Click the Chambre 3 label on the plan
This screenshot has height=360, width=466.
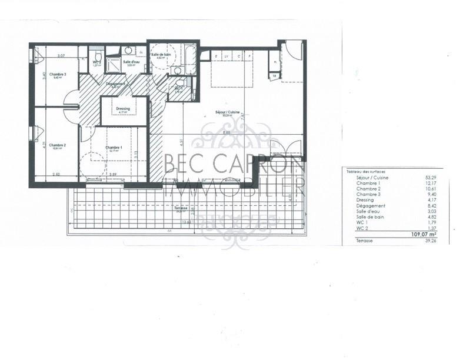click(58, 75)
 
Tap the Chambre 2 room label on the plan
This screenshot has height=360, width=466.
click(57, 145)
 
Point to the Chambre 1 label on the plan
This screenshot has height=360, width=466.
click(114, 148)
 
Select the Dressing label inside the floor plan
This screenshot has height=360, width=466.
click(123, 108)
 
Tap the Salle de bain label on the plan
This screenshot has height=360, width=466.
click(161, 55)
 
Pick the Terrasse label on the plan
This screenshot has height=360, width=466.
click(181, 208)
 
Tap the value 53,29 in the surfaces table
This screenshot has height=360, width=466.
click(432, 177)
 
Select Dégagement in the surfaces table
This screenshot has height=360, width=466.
click(371, 205)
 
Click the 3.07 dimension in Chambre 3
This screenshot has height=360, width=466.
click(60, 56)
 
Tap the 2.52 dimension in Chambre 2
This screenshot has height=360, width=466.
click(56, 174)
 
